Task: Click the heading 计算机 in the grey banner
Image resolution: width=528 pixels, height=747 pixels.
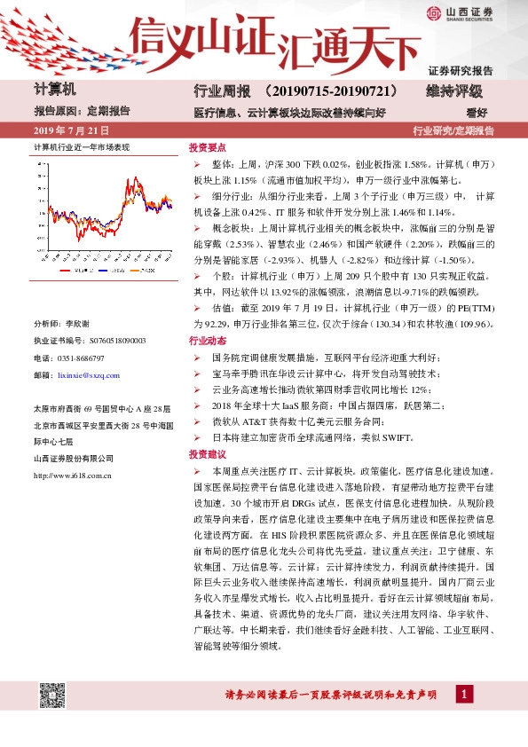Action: pyautogui.click(x=55, y=90)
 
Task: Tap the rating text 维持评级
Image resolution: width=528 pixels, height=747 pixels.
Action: pyautogui.click(x=453, y=91)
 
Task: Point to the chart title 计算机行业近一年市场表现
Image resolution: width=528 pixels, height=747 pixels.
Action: pyautogui.click(x=82, y=146)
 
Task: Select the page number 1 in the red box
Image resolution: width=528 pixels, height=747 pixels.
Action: pyautogui.click(x=462, y=693)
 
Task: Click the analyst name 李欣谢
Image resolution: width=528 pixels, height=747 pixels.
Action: pyautogui.click(x=78, y=324)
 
